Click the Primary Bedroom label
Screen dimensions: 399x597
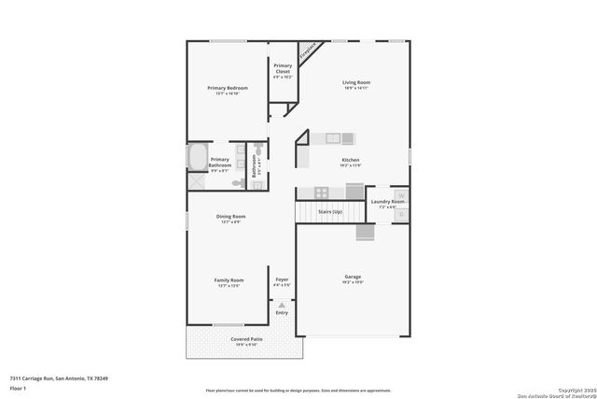click(x=227, y=88)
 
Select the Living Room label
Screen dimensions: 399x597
click(x=355, y=82)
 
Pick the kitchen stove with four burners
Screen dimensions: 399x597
click(x=321, y=192)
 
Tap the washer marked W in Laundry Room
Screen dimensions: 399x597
click(x=401, y=195)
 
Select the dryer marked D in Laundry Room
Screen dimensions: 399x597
click(x=401, y=214)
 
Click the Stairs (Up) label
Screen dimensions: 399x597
click(x=330, y=212)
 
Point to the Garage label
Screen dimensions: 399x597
click(x=354, y=278)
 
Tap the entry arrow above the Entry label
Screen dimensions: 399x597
click(x=282, y=303)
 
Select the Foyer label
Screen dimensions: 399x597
click(x=282, y=279)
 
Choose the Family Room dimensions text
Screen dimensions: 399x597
click(x=229, y=286)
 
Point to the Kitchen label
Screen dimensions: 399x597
click(x=351, y=160)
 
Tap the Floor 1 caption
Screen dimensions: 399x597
click(x=19, y=387)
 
